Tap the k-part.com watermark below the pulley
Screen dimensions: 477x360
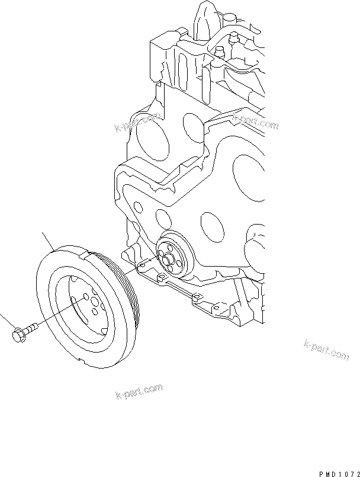tap(137, 391)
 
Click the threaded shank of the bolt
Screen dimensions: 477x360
tap(33, 325)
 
